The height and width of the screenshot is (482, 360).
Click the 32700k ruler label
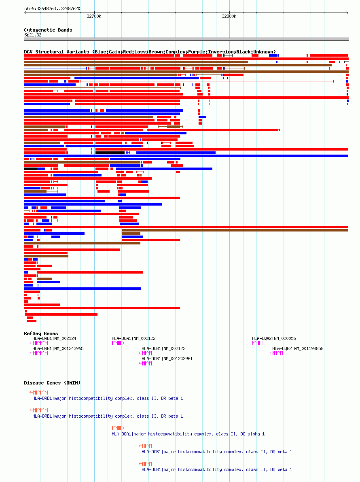(x=94, y=16)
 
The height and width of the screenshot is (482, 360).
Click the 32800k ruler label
(x=229, y=16)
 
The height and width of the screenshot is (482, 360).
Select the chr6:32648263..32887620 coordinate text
(x=52, y=8)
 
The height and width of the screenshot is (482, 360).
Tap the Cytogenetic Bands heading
(x=48, y=30)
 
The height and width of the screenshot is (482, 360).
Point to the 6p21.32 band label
(x=33, y=35)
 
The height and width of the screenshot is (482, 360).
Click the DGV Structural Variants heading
(x=150, y=52)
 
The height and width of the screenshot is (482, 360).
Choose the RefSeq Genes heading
(x=41, y=333)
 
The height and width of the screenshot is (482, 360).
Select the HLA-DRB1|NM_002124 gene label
(x=54, y=338)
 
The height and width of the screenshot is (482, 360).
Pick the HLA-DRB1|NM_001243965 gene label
(x=58, y=348)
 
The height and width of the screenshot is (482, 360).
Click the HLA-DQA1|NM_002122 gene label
(x=133, y=338)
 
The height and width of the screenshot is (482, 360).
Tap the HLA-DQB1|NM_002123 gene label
(x=163, y=348)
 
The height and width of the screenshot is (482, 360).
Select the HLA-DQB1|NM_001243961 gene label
(x=167, y=359)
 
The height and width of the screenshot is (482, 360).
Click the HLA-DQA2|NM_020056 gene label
(x=274, y=338)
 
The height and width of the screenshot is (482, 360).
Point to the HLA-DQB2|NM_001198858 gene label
(x=298, y=348)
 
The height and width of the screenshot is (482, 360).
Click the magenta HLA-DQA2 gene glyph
(x=258, y=343)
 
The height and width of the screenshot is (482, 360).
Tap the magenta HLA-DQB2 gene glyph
(x=276, y=353)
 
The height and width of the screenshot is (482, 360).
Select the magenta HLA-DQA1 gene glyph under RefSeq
(x=118, y=343)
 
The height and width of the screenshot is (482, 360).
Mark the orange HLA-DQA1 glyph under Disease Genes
(x=118, y=428)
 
